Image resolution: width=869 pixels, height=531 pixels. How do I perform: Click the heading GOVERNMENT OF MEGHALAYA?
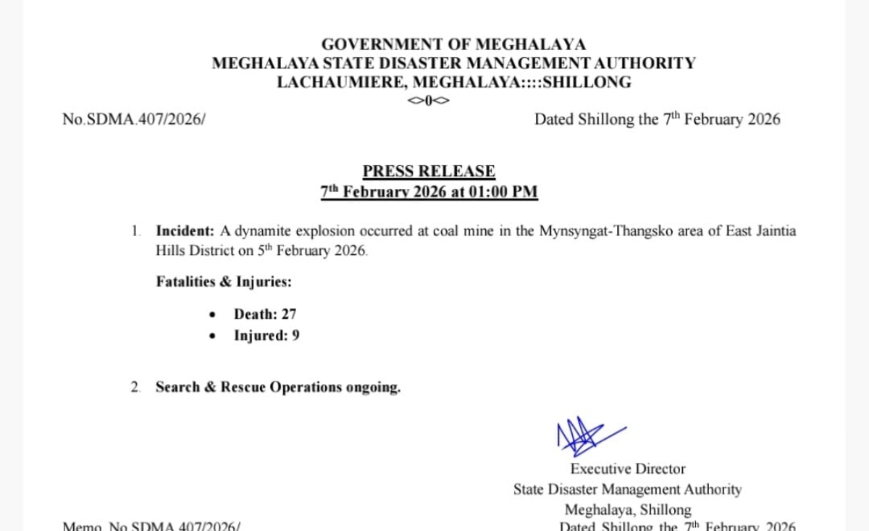click(x=453, y=45)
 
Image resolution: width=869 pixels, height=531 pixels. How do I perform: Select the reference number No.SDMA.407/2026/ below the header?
click(x=134, y=120)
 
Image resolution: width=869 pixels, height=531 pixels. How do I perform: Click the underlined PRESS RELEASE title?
click(x=429, y=172)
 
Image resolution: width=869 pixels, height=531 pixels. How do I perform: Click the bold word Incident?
click(x=185, y=231)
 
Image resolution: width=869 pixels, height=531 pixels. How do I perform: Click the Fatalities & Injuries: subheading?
click(x=224, y=282)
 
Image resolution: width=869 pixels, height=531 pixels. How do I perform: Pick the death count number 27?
click(x=289, y=314)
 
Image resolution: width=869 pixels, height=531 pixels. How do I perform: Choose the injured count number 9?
click(x=295, y=335)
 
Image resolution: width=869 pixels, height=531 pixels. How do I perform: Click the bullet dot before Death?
click(x=211, y=315)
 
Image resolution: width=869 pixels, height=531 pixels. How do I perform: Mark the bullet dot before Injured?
click(x=211, y=336)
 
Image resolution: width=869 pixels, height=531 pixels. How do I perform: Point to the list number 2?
click(x=135, y=387)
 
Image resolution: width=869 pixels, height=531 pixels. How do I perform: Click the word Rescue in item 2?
click(x=243, y=387)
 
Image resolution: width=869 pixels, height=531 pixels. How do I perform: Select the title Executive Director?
click(x=627, y=469)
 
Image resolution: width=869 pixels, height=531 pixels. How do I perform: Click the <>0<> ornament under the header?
click(x=429, y=101)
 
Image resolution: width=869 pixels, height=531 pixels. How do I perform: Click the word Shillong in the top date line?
click(x=605, y=120)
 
